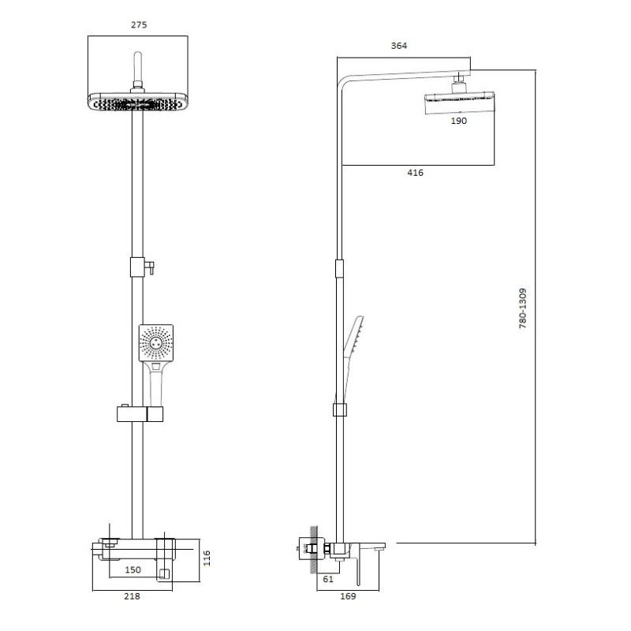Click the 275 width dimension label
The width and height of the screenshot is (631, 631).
138,25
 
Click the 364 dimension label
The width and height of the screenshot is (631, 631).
399,46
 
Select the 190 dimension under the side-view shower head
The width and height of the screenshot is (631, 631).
459,121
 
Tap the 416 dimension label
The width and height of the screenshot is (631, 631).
415,173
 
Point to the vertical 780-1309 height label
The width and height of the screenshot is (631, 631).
523,308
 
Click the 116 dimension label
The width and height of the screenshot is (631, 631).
207,558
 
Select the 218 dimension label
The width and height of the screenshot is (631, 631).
133,596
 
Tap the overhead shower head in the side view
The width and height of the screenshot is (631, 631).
457,99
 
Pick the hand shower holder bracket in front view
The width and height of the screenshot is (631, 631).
140,413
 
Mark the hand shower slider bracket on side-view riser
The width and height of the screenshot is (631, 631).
339,409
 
